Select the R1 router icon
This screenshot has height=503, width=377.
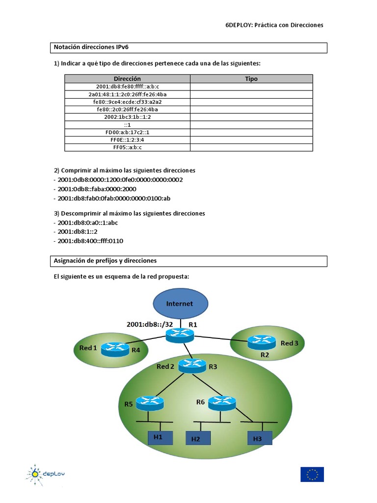tap(180, 335)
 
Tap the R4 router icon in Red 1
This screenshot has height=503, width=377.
tap(115, 349)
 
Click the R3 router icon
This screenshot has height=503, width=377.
tap(192, 365)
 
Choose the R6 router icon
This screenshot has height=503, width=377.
tap(222, 403)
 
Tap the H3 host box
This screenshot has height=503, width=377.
tap(258, 437)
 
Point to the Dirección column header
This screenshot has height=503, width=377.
tap(127, 79)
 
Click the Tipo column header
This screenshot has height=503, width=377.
tap(251, 79)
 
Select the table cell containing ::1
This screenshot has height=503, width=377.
tap(127, 125)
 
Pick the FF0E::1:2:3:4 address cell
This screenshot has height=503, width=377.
tap(127, 140)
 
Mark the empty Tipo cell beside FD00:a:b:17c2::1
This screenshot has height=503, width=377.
tap(251, 132)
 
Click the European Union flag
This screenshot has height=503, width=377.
tap(312, 474)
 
